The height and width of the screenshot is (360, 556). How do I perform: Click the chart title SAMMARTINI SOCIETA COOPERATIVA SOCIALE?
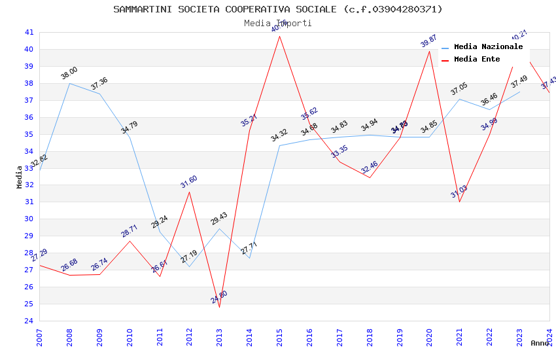[x=277, y=9]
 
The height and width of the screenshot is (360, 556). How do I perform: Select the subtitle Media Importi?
[x=277, y=23]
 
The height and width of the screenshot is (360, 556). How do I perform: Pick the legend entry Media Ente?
[x=477, y=60]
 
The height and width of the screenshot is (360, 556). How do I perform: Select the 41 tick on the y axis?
[x=29, y=32]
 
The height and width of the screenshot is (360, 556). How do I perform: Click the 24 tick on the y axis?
[x=29, y=321]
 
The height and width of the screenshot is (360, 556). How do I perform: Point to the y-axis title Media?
[x=20, y=177]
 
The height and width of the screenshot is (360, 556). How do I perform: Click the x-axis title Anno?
[x=540, y=343]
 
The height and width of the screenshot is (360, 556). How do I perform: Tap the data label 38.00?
[x=69, y=73]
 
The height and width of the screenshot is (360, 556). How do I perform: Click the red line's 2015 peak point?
[x=279, y=35]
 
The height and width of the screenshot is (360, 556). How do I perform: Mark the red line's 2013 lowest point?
[x=219, y=307]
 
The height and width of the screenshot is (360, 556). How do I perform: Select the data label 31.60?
[x=189, y=182]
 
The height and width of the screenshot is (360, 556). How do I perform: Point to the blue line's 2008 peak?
[x=69, y=83]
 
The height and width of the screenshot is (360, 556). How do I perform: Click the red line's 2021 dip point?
[x=459, y=202]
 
